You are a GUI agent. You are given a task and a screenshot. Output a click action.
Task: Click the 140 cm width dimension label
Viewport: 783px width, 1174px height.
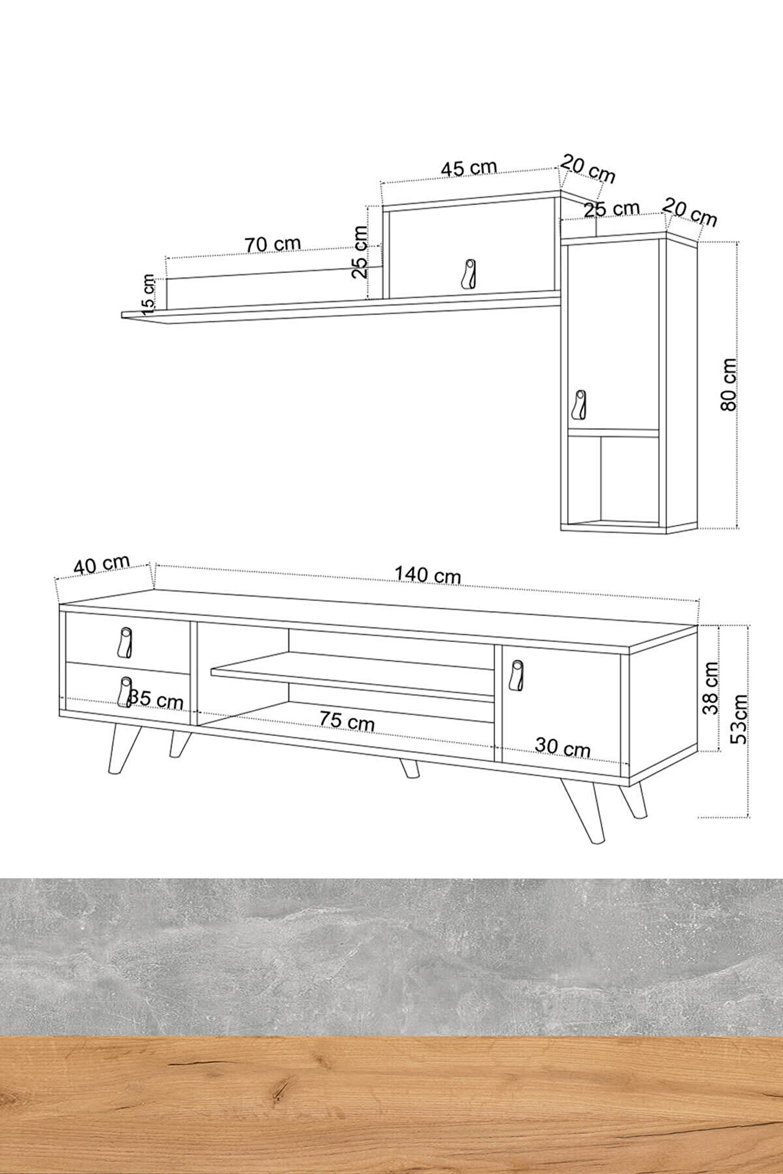(x=427, y=574)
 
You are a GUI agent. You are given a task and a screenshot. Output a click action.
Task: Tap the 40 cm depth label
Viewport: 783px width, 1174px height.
(x=102, y=565)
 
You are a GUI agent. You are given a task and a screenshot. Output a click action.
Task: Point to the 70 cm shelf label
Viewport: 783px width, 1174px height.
(x=272, y=244)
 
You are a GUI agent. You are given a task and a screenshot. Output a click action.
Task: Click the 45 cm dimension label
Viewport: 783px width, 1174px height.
(x=469, y=168)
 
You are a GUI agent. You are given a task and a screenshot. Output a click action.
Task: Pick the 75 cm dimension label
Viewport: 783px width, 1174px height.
(x=346, y=721)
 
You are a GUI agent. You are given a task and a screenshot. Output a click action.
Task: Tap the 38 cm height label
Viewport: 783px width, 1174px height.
(x=710, y=688)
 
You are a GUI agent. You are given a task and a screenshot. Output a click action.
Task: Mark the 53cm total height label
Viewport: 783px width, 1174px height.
(x=739, y=719)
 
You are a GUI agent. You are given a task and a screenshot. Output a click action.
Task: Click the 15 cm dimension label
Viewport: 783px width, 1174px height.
(x=147, y=294)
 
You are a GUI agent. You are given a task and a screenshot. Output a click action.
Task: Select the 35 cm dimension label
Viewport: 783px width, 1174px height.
(x=157, y=700)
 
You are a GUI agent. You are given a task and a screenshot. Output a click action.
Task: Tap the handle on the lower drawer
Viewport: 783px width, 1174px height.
(x=125, y=692)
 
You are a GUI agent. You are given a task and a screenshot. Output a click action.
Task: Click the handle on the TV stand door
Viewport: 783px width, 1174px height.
(x=517, y=676)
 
